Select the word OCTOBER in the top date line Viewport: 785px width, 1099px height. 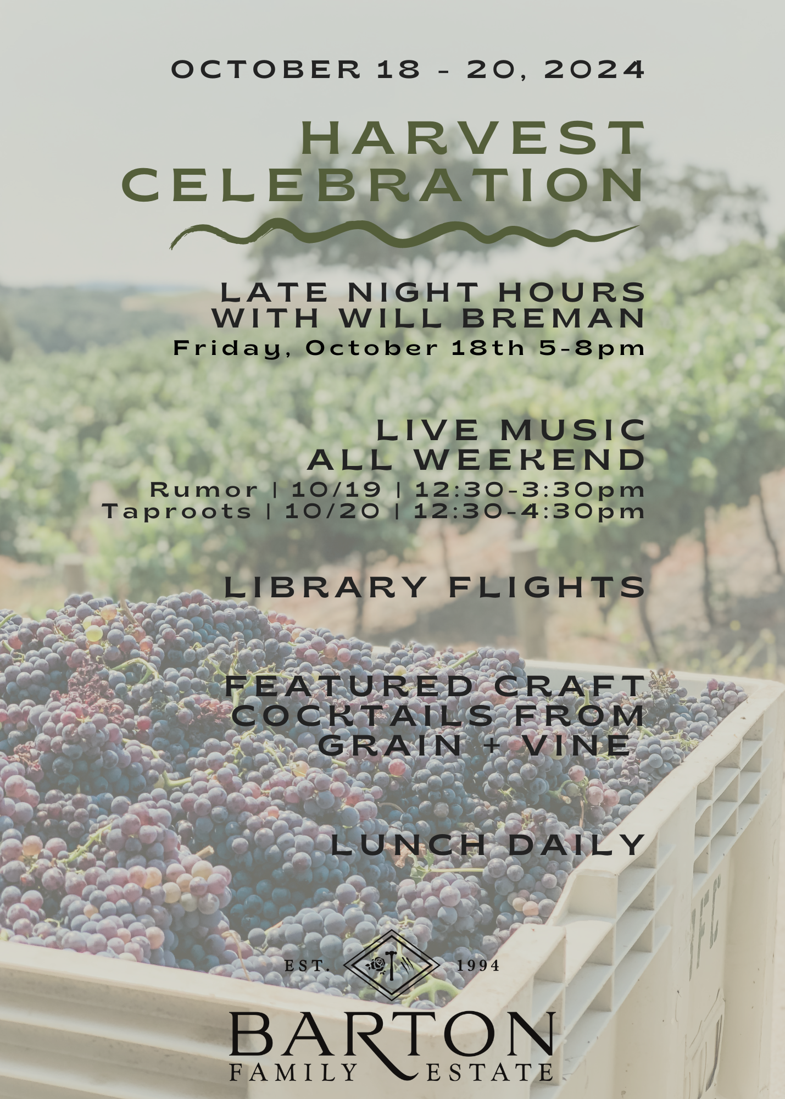266,69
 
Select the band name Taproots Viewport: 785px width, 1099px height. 177,512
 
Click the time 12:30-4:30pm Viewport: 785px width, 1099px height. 528,511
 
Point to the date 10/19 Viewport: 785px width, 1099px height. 336,489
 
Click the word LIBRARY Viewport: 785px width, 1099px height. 325,587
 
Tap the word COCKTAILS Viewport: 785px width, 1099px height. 362,715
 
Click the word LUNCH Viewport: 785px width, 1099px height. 409,845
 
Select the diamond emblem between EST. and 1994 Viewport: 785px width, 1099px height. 391,965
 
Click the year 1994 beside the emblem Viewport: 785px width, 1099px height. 478,965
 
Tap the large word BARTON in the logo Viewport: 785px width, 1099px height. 391,1034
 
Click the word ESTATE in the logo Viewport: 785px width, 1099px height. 489,1073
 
